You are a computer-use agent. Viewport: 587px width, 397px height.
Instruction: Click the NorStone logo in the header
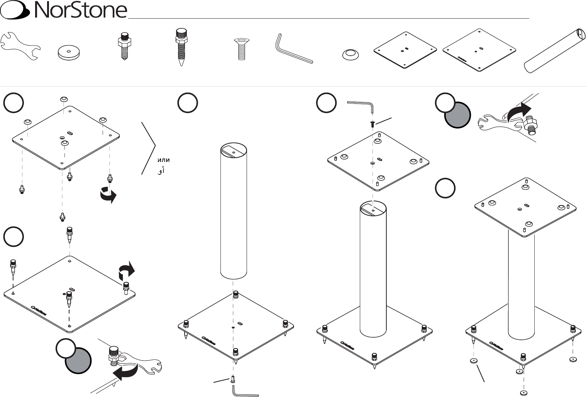coord(64,10)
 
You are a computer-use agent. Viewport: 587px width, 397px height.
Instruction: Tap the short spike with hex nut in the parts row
coord(124,46)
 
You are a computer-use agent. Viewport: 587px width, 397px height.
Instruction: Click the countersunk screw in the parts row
coord(241,49)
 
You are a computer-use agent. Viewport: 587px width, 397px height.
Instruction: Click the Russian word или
coord(164,160)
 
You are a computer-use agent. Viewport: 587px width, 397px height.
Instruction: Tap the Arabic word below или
coord(161,171)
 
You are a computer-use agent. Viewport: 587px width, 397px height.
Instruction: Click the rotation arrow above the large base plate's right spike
coord(126,271)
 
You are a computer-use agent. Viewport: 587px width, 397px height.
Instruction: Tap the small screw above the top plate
coord(372,124)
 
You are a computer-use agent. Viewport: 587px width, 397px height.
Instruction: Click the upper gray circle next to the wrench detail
coord(457,115)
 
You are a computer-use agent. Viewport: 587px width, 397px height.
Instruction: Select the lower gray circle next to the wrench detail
coord(78,360)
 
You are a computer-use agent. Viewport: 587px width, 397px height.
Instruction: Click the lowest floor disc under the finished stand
coord(524,393)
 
